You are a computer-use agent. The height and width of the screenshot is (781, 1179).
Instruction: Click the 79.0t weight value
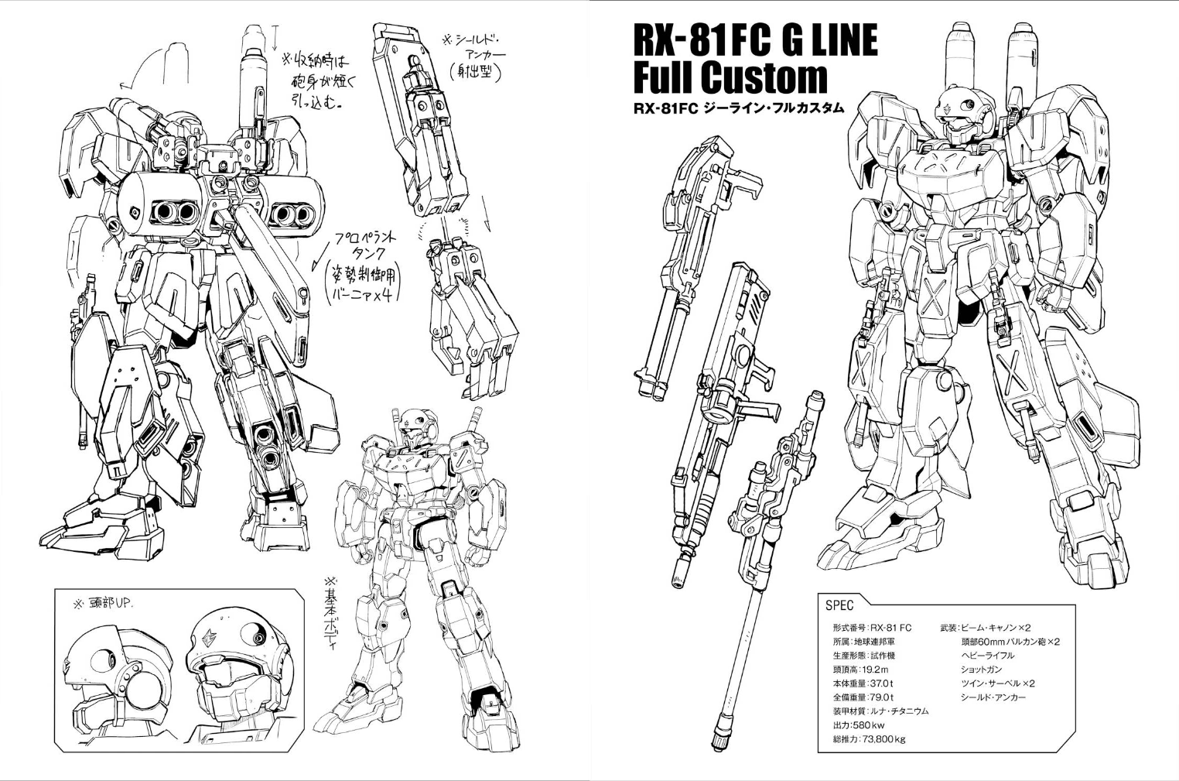tap(880, 697)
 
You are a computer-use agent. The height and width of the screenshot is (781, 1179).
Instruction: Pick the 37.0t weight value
tap(880, 683)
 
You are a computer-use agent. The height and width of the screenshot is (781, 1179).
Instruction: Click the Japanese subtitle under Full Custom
tap(738, 109)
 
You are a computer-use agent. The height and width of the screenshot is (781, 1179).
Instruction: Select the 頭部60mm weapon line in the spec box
tap(1010, 641)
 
